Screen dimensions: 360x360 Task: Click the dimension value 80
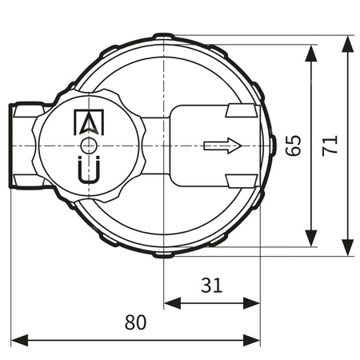click(x=135, y=322)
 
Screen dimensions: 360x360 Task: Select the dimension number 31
click(x=212, y=286)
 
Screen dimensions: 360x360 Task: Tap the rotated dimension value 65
click(x=294, y=146)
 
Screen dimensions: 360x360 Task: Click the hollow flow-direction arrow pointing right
click(x=222, y=146)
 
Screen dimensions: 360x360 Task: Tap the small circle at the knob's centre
click(x=88, y=146)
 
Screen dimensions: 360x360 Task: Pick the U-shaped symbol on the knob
click(x=88, y=171)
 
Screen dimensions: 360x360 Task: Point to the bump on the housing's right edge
click(x=271, y=146)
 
